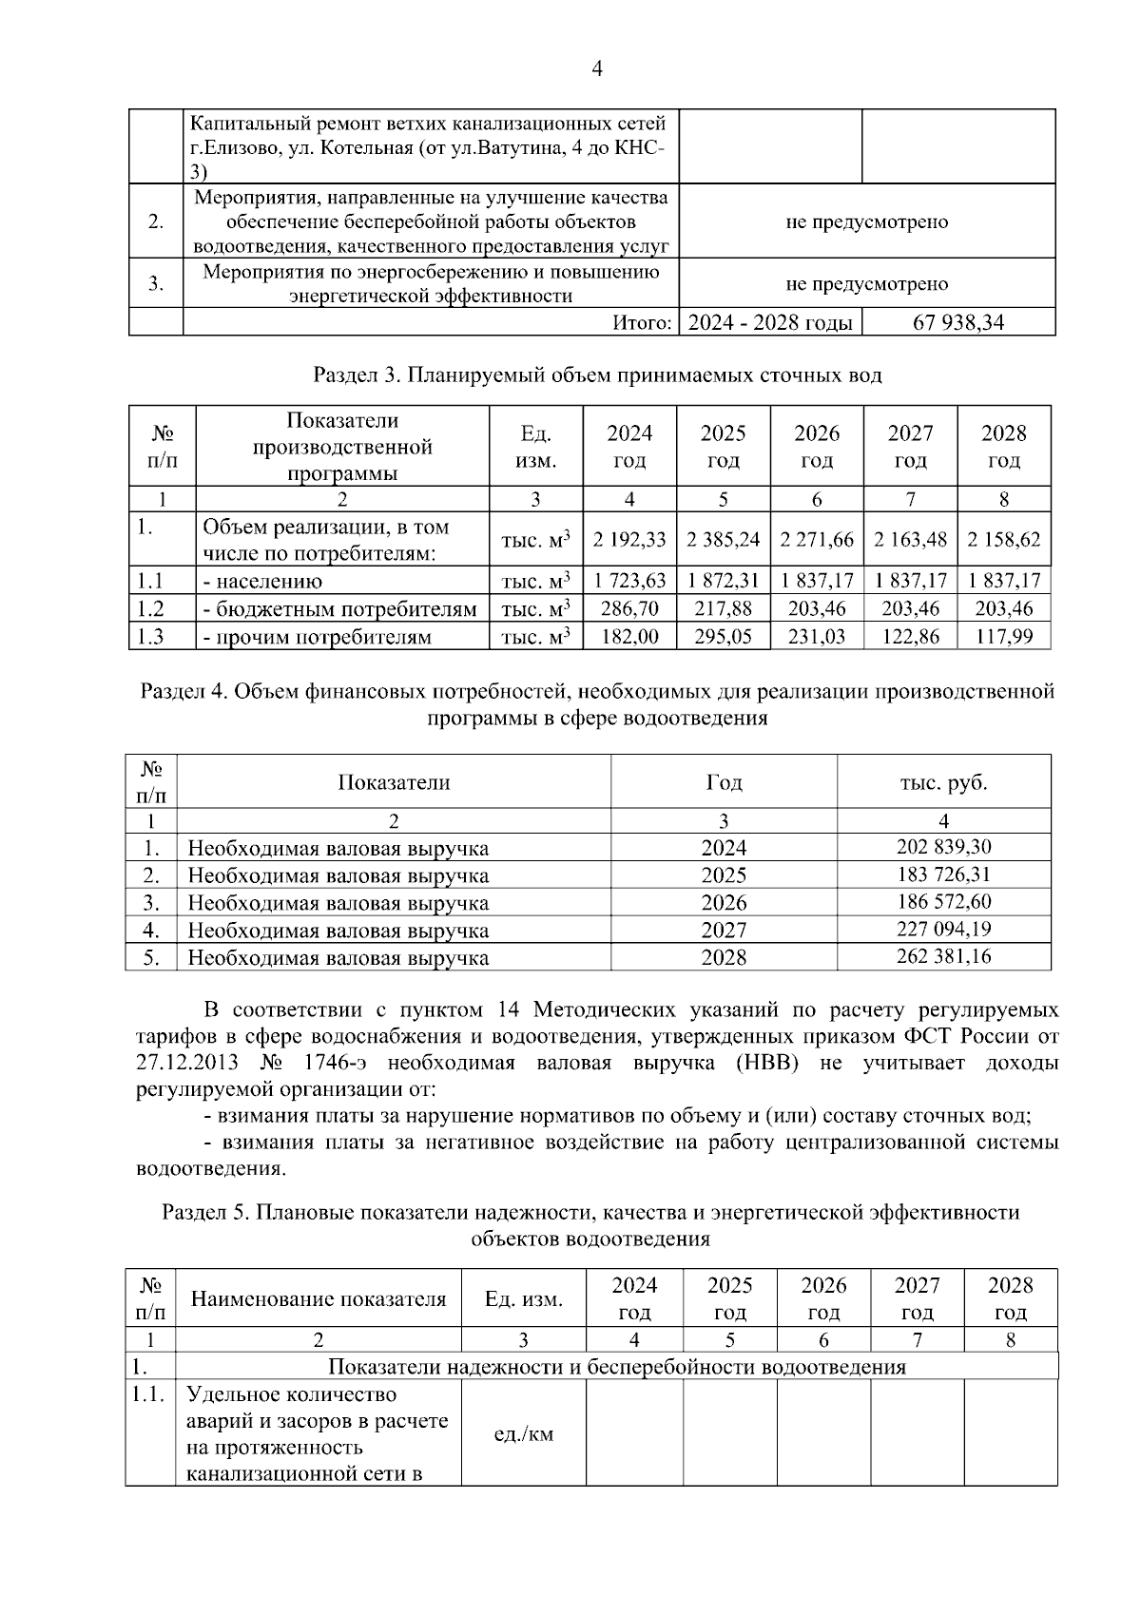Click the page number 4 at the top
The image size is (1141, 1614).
tap(597, 68)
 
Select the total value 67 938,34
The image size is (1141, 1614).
tap(957, 323)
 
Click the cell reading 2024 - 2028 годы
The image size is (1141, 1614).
tap(770, 323)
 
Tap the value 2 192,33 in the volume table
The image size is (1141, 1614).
tap(629, 540)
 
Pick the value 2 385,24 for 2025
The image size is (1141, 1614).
tap(723, 540)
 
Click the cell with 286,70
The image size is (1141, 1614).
tap(629, 609)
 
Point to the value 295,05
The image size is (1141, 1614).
tap(723, 637)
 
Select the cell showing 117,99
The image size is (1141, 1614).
tap(1004, 637)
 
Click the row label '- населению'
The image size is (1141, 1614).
tap(262, 582)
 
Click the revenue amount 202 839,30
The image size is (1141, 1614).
tap(943, 847)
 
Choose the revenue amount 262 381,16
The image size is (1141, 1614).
tap(943, 956)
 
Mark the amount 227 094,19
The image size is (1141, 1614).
tap(943, 929)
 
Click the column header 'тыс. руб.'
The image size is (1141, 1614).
tap(943, 782)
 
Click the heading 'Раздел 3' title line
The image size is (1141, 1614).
tap(597, 375)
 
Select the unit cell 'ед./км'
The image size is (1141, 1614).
tap(523, 1433)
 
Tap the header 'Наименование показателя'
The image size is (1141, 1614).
tap(319, 1299)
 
